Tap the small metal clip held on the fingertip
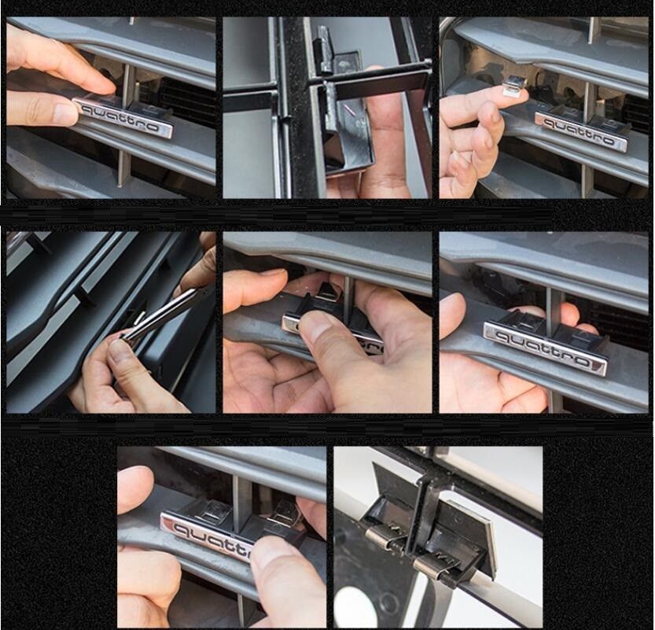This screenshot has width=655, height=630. click(514, 83)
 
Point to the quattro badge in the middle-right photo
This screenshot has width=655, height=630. click(545, 348)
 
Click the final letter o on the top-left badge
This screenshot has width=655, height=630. click(153, 128)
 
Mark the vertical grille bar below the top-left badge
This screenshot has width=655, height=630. click(124, 164)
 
